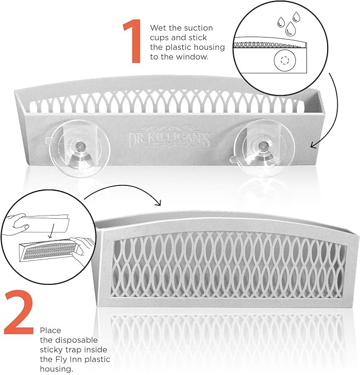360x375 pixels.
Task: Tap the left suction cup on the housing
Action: click(x=75, y=149)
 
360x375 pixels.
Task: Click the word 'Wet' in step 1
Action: click(x=158, y=28)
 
